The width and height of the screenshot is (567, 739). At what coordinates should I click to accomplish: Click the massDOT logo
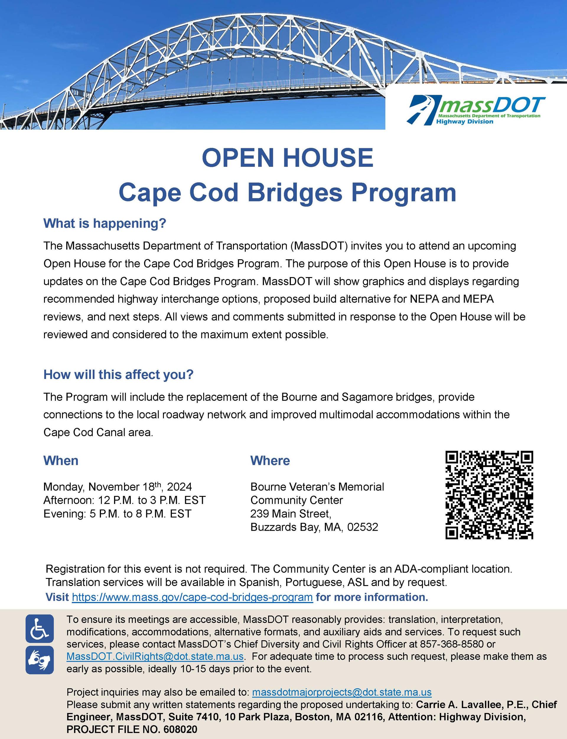click(475, 110)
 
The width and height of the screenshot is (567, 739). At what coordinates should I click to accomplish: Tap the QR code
click(489, 495)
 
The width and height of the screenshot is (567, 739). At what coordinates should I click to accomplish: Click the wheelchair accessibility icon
click(40, 629)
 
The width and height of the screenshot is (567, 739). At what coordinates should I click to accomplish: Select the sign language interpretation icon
click(40, 660)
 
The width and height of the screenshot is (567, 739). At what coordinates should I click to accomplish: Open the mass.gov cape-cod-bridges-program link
click(192, 597)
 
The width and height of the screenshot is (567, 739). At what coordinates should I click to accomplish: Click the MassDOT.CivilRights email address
click(155, 657)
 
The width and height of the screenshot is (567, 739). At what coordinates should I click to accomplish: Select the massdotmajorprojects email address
click(342, 692)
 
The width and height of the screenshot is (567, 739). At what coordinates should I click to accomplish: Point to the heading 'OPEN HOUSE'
click(287, 158)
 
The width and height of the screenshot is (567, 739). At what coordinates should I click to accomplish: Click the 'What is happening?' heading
click(105, 224)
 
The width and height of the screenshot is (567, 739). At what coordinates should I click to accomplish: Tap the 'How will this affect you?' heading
click(118, 375)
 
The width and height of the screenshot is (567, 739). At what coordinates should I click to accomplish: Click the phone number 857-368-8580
click(452, 644)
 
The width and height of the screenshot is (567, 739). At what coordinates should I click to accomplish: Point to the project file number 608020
click(180, 730)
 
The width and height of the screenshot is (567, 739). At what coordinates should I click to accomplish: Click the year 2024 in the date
click(180, 487)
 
